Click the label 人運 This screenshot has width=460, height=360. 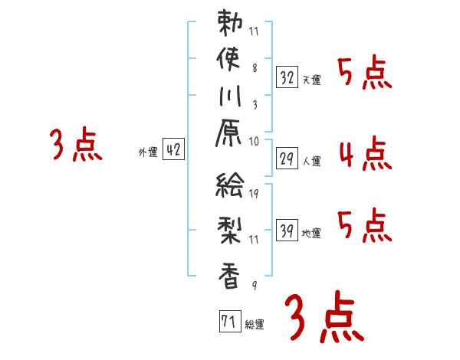[312, 161]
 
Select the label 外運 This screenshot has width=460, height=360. [147, 152]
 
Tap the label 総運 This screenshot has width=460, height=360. [255, 324]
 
